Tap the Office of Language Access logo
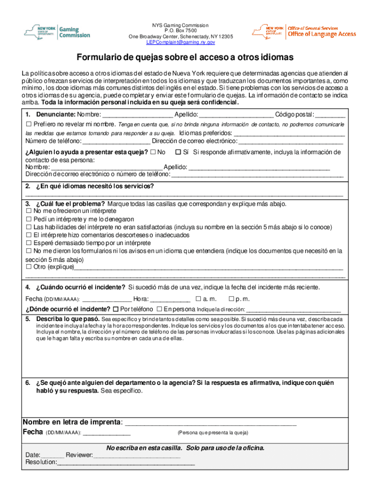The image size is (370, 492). tap(304, 32)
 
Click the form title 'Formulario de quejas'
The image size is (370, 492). tap(185, 58)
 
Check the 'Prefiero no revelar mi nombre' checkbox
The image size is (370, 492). tap(28, 124)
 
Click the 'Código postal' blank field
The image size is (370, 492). tap(330, 115)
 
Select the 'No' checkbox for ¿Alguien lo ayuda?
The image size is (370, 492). tap(153, 152)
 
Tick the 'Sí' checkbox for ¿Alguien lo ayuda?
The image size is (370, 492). tap(178, 152)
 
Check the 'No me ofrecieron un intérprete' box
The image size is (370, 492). tap(28, 211)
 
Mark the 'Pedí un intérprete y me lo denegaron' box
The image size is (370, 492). tap(28, 220)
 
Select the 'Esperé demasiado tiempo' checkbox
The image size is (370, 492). tap(28, 243)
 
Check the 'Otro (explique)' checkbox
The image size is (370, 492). tap(28, 267)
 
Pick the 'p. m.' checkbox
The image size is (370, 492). tap(224, 299)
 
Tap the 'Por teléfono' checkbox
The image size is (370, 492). tap(115, 309)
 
